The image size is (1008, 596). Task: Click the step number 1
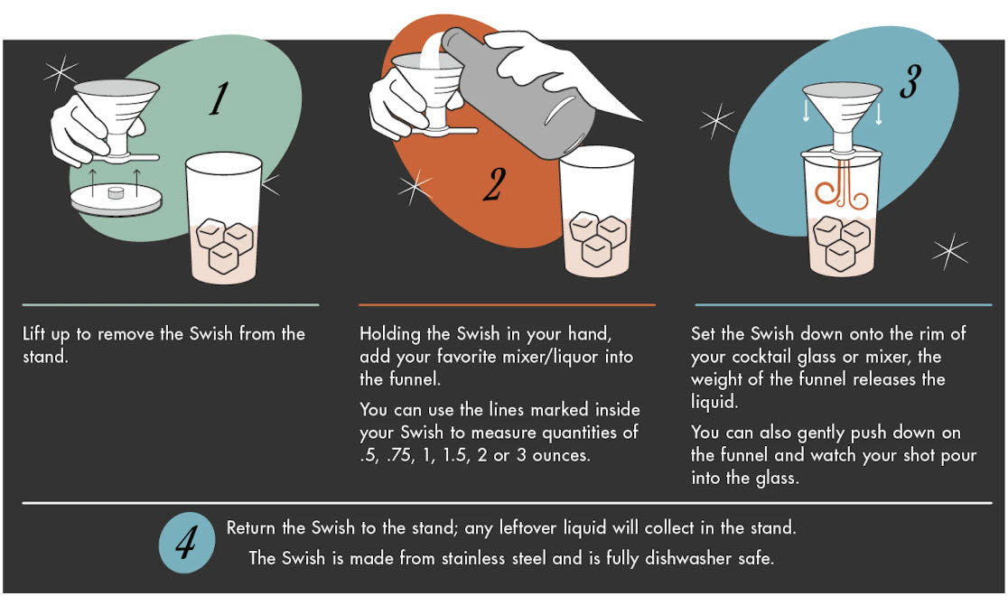(x=219, y=98)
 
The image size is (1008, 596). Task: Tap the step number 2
(x=494, y=184)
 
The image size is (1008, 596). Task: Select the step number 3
(x=910, y=81)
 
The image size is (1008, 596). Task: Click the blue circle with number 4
(x=187, y=543)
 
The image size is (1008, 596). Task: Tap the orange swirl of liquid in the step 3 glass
(x=842, y=189)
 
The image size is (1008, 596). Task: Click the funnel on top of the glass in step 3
(x=842, y=116)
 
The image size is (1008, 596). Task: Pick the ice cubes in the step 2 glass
(x=598, y=237)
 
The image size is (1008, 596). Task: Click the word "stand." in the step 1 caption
(x=45, y=357)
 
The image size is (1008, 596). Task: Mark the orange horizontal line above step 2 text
(x=508, y=304)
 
